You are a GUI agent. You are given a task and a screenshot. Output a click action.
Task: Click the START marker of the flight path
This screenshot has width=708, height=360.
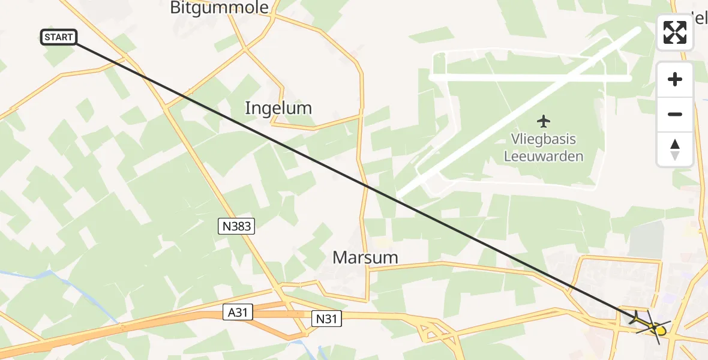click(x=59, y=37)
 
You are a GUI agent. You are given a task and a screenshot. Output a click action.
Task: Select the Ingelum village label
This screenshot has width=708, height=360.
click(x=278, y=108)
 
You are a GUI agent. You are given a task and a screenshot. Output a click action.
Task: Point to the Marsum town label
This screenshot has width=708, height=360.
click(x=365, y=258)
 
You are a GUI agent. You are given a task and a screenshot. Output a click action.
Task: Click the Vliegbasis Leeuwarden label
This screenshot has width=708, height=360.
click(x=544, y=148)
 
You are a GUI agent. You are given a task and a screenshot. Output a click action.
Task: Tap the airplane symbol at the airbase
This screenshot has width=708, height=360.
click(x=544, y=121)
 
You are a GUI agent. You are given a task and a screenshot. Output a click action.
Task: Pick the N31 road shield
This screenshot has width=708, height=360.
click(x=326, y=319)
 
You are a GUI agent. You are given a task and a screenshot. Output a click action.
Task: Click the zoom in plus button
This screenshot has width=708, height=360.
click(x=675, y=79)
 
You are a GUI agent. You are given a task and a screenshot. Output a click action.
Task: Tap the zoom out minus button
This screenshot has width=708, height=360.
click(x=675, y=114)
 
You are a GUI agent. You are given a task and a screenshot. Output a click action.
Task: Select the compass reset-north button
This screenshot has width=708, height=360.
click(x=675, y=149)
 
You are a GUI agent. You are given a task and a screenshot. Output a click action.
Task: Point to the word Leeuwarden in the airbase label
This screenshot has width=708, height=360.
click(x=544, y=157)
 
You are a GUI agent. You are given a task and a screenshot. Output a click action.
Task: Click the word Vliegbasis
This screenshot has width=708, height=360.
click(x=544, y=139)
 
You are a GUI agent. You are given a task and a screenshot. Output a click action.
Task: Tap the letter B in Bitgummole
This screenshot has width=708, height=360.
click(x=176, y=8)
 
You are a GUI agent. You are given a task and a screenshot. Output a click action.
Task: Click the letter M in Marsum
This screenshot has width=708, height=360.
click(x=340, y=258)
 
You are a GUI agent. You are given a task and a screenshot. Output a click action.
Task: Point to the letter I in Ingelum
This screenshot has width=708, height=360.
click(x=247, y=108)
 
